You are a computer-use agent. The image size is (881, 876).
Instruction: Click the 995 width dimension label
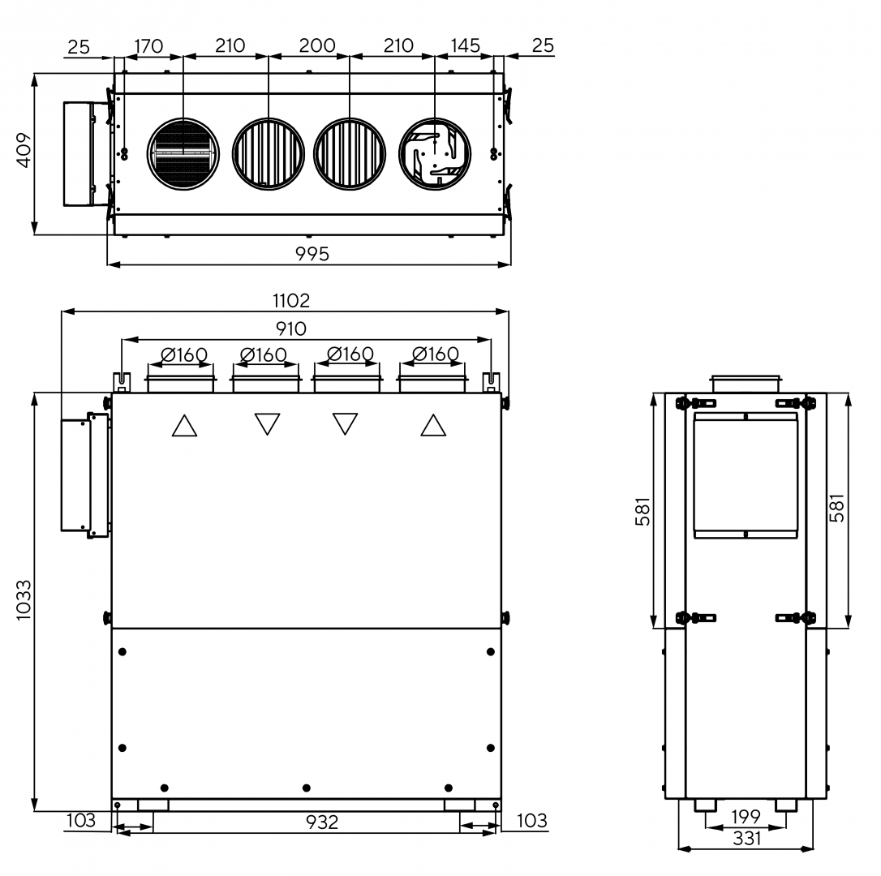(x=312, y=254)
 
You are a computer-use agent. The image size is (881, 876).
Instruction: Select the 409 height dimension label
(x=24, y=150)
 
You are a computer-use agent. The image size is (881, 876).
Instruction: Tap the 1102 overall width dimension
(x=291, y=301)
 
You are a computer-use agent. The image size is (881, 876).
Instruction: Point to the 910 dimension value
(x=291, y=328)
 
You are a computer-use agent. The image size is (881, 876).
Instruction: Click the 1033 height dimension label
(x=24, y=600)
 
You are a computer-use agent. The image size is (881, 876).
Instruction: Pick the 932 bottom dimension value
(x=322, y=822)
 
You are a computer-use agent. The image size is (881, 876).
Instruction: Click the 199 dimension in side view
(x=746, y=817)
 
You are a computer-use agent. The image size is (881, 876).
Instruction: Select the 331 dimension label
(x=746, y=839)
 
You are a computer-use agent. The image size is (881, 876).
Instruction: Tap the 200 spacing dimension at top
(x=317, y=45)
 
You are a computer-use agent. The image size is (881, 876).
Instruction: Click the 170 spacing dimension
(x=148, y=46)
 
